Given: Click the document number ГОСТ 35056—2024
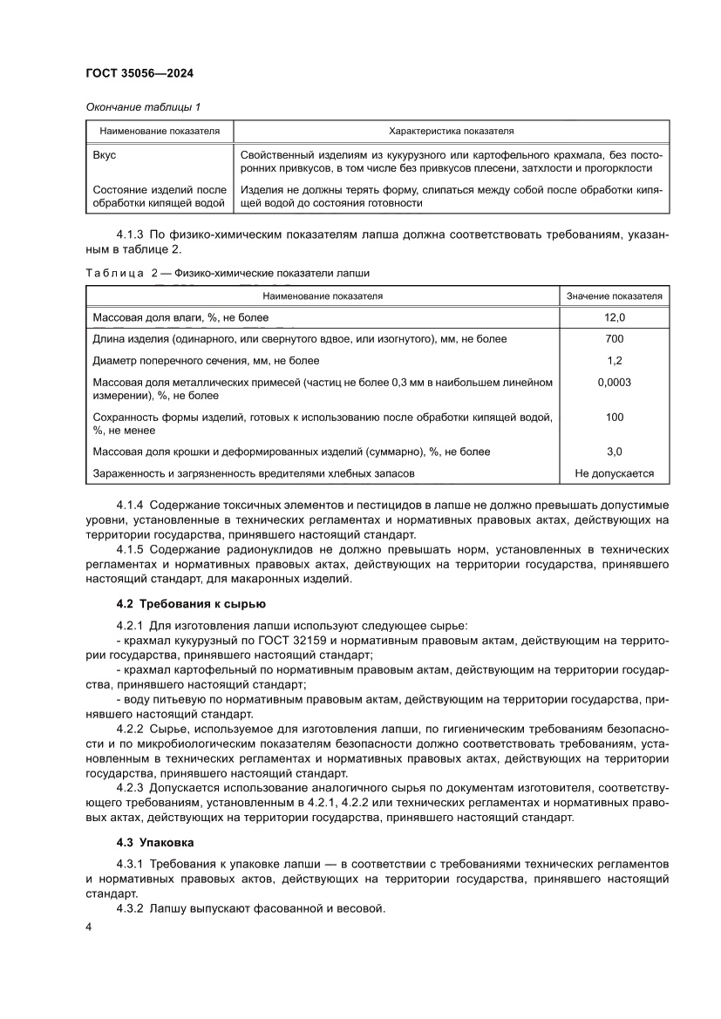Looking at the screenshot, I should (x=145, y=75).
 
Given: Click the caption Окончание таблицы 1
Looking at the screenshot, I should (x=143, y=107).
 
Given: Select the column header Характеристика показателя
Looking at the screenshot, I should (x=451, y=131).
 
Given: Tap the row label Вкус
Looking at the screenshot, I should (x=104, y=153).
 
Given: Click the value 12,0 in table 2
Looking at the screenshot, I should (x=614, y=317).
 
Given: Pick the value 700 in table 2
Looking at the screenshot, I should (x=614, y=339).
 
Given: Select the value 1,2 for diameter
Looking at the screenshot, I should (x=614, y=360).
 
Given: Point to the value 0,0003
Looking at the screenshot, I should (x=614, y=382).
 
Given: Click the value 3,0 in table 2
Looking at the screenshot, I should (x=614, y=452).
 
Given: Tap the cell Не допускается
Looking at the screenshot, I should (x=614, y=473).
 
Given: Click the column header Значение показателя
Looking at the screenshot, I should (x=614, y=296).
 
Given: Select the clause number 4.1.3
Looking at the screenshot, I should (x=131, y=234).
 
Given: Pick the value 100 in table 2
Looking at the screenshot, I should (x=614, y=417).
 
